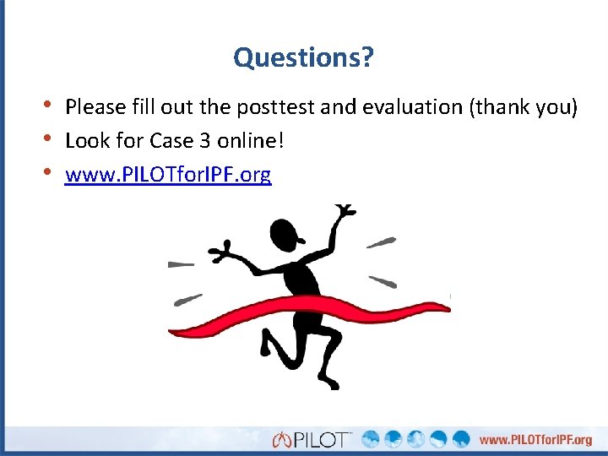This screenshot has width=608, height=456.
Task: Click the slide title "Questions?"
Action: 304,58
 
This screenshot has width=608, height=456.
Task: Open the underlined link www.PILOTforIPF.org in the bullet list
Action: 168,175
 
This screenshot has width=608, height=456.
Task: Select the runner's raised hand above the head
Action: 345,216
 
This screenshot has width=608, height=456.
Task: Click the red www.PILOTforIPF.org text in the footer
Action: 536,439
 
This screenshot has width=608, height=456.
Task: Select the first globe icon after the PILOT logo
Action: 371,439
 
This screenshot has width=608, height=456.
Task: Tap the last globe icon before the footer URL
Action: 460,439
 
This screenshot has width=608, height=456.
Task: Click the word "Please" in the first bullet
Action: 95,107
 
